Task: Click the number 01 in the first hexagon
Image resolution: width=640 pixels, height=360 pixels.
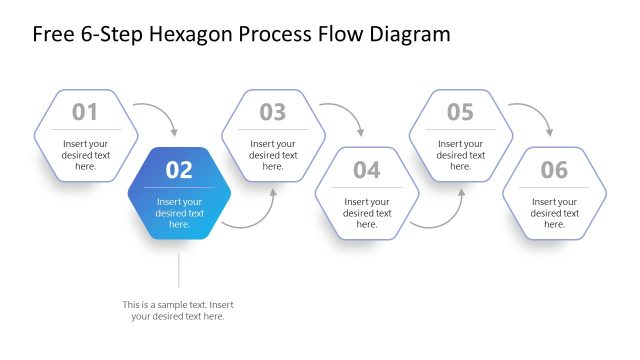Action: tap(85, 112)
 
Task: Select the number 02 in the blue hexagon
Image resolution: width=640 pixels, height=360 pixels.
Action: tap(179, 170)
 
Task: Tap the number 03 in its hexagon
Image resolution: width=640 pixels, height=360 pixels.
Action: tap(273, 112)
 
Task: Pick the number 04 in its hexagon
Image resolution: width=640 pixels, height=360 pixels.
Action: tap(367, 170)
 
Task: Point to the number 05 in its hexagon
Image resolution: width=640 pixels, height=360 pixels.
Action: tap(460, 112)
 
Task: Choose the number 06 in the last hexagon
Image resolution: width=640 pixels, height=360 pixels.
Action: tap(554, 170)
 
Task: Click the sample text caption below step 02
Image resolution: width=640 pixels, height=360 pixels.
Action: tap(178, 310)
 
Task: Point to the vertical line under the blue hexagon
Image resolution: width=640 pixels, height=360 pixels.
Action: tap(179, 269)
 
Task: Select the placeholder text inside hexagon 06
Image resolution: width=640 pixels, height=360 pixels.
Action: tap(554, 213)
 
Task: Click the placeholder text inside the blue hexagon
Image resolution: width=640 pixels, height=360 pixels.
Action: tap(180, 213)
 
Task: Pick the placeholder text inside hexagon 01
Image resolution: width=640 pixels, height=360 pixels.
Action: tap(85, 155)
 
